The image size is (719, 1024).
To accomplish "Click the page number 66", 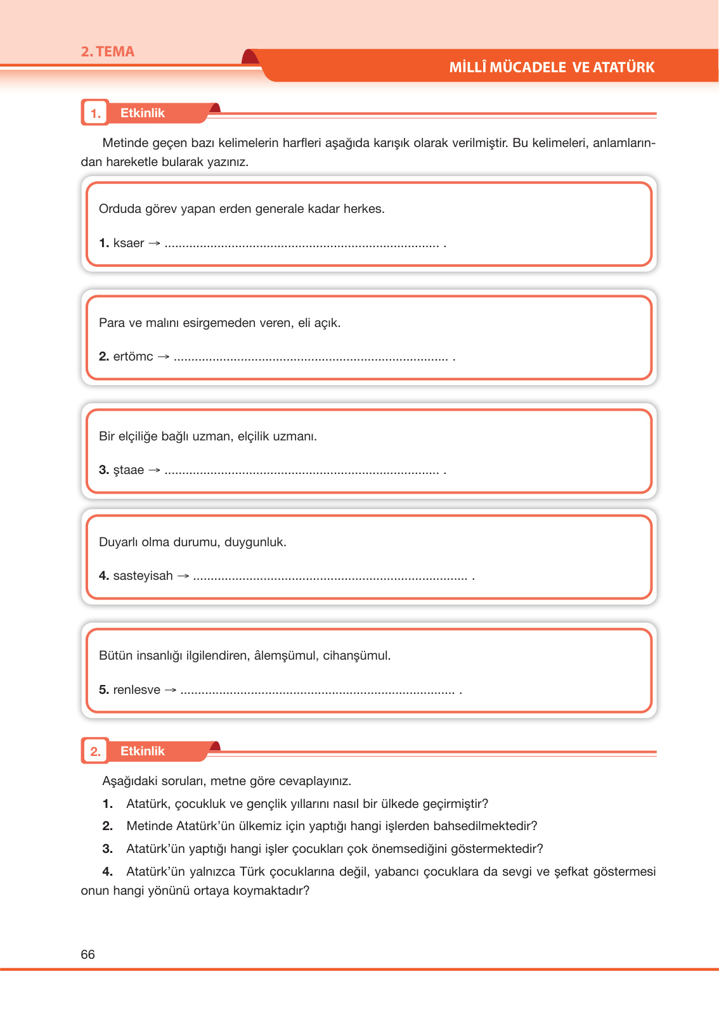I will pyautogui.click(x=87, y=954).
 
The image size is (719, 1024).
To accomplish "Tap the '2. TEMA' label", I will pyautogui.click(x=107, y=52).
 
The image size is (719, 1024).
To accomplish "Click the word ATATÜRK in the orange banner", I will pyautogui.click(x=623, y=67).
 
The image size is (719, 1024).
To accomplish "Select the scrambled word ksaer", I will pyautogui.click(x=129, y=243).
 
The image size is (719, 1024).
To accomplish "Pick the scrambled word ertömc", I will pyautogui.click(x=133, y=357).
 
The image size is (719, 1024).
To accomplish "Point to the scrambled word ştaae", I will pyautogui.click(x=129, y=470).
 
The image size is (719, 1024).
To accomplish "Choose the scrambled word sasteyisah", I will pyautogui.click(x=143, y=576).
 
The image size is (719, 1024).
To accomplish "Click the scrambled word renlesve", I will pyautogui.click(x=137, y=690).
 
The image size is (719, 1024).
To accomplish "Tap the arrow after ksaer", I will pyautogui.click(x=154, y=243).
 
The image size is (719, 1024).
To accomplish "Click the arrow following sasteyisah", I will pyautogui.click(x=183, y=576).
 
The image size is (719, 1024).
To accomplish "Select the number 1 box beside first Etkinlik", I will pyautogui.click(x=95, y=113).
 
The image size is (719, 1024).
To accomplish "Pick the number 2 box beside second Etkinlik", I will pyautogui.click(x=95, y=752).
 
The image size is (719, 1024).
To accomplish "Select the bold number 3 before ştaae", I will pyautogui.click(x=103, y=470).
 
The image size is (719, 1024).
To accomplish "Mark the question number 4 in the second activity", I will pyautogui.click(x=107, y=872).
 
